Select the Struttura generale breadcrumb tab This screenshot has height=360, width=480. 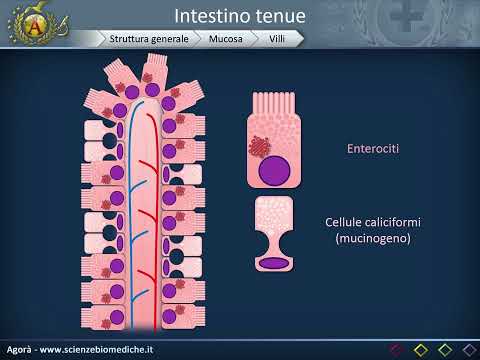pyautogui.click(x=149, y=39)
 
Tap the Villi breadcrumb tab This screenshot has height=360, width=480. pyautogui.click(x=280, y=39)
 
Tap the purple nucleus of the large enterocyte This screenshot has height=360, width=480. pyautogui.click(x=271, y=169)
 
